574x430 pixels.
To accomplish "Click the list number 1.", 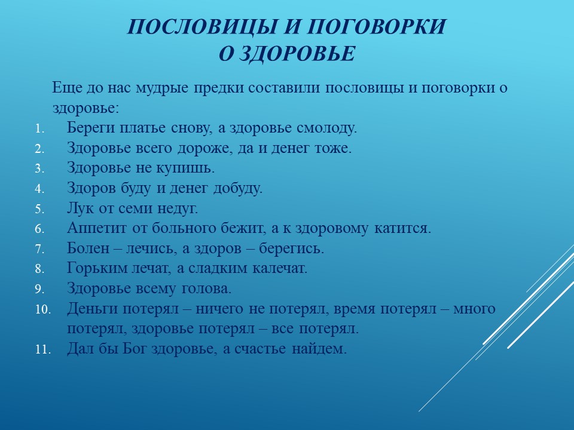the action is (39, 129).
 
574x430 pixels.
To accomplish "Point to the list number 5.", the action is (39, 209).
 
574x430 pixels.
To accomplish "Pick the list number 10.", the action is (43, 310).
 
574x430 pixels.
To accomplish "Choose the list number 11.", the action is (43, 349).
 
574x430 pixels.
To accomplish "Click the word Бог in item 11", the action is (135, 348).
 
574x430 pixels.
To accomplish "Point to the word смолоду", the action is (326, 128).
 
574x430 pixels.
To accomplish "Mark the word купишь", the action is (185, 168).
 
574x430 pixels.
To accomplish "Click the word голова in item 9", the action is (207, 288).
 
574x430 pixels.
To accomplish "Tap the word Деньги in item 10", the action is (93, 309).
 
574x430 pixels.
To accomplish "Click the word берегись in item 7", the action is (291, 248).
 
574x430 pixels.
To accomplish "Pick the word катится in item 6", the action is (402, 228).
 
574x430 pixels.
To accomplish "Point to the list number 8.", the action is (39, 269).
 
